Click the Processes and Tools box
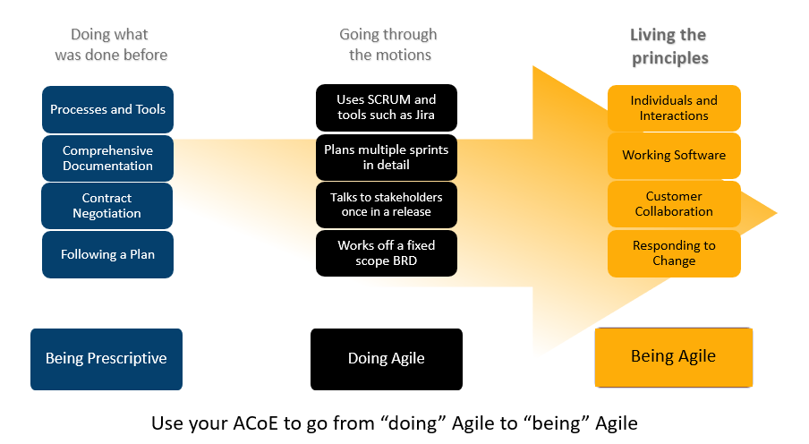click(x=107, y=109)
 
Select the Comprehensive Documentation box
click(x=107, y=158)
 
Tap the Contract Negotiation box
click(x=106, y=206)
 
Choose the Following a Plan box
click(x=107, y=254)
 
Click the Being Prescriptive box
click(x=106, y=359)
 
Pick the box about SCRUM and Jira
click(x=387, y=107)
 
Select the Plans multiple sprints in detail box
click(x=387, y=158)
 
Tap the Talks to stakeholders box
click(x=387, y=204)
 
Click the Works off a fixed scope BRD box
click(x=387, y=253)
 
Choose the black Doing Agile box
click(x=387, y=359)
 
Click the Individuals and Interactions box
click(x=674, y=108)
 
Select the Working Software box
click(x=674, y=156)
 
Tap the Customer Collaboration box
click(x=674, y=204)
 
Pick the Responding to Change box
click(x=674, y=253)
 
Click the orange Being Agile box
click(x=674, y=357)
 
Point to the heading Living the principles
click(x=669, y=47)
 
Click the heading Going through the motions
click(x=388, y=45)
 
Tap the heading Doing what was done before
click(x=111, y=45)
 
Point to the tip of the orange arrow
click(x=777, y=213)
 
